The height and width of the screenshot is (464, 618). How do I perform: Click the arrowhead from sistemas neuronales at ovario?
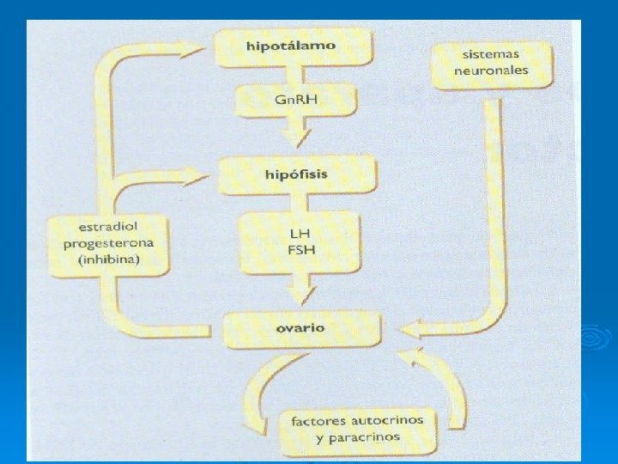click(411, 327)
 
